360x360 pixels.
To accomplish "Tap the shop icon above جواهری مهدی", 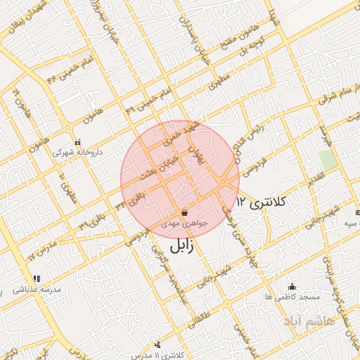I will coord(184,212).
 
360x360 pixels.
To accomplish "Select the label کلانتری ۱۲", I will coord(263,202).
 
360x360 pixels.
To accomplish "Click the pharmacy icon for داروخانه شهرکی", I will coord(77,141).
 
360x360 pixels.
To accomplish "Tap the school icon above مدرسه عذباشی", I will coord(37,279).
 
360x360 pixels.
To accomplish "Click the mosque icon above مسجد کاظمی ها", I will coord(292,286).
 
